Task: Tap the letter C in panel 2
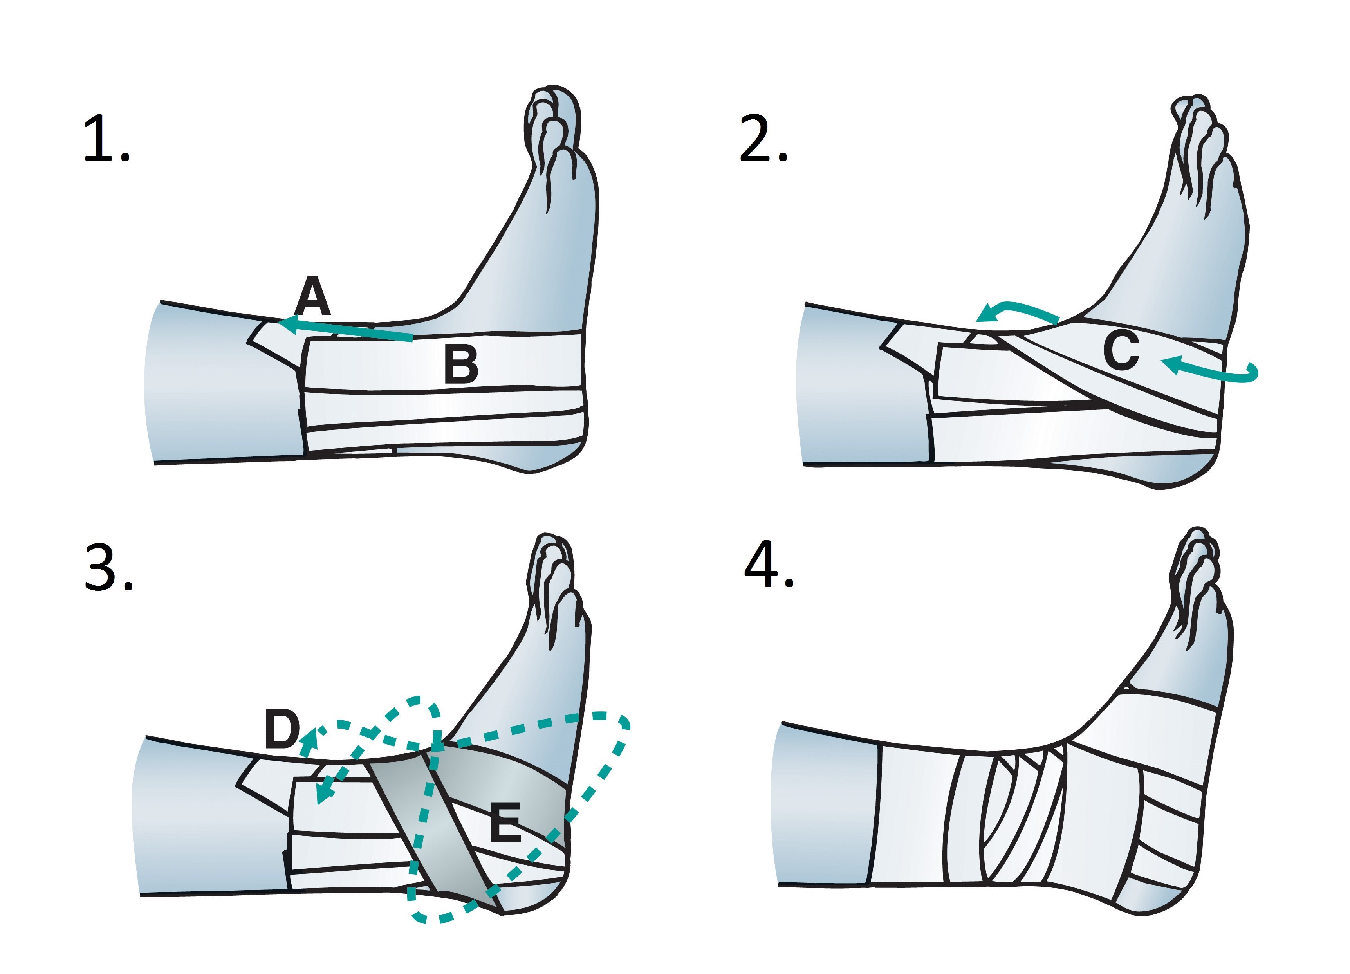(1121, 351)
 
